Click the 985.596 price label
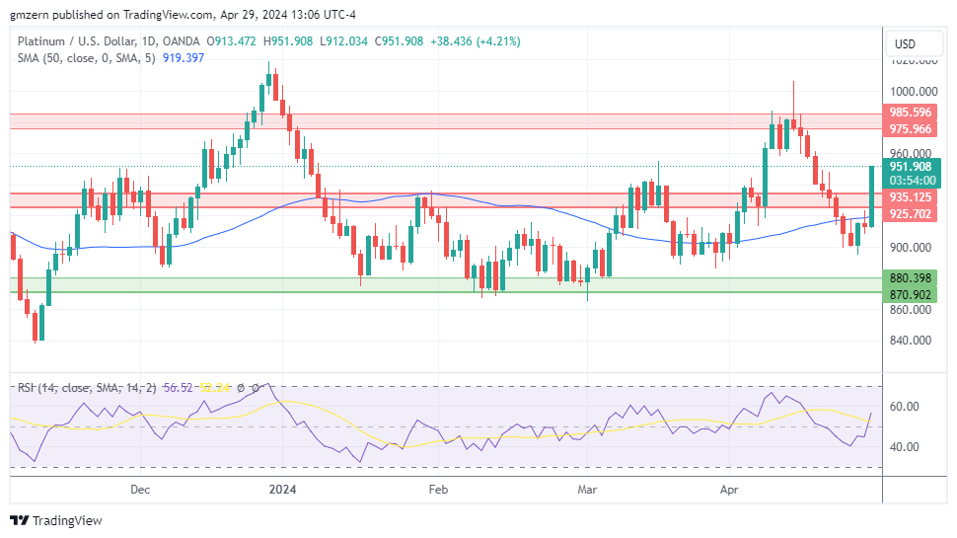911,113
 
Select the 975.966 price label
911,129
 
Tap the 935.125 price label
911,196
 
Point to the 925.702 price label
911,213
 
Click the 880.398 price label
911,278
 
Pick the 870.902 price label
911,295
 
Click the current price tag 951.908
911,167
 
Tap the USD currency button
904,43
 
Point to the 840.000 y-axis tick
911,341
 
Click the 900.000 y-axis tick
911,248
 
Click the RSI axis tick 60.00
906,407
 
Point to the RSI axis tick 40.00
906,446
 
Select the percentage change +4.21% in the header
496,41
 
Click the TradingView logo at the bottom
56,520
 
